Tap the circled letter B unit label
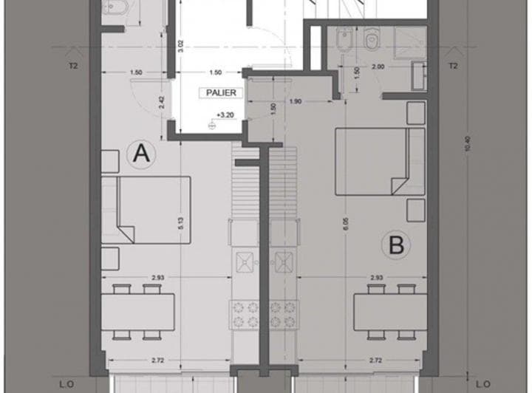(x=396, y=245)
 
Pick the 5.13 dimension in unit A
(x=180, y=223)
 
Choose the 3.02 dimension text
(x=180, y=47)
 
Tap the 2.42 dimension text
(x=162, y=102)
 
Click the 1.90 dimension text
(x=296, y=101)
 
